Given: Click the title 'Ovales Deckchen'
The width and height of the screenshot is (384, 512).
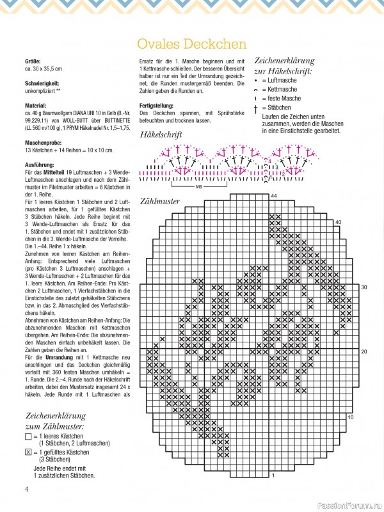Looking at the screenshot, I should tap(192, 44).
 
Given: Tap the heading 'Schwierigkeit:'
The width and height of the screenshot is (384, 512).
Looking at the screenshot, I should tap(42, 83).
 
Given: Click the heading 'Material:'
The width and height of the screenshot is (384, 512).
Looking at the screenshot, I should tap(35, 105).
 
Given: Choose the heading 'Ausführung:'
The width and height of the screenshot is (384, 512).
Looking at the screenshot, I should tap(39, 164).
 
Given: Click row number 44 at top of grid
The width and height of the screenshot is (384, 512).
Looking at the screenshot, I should tap(274, 195).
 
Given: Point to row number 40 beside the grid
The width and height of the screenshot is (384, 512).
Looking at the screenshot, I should tap(338, 222).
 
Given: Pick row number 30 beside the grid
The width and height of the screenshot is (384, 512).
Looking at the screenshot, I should tap(364, 287).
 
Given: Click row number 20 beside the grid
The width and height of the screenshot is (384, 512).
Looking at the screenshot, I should tap(364, 352).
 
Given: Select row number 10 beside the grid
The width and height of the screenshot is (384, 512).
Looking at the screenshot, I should tap(350, 417).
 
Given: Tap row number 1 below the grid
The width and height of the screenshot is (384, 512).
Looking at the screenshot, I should tap(273, 476).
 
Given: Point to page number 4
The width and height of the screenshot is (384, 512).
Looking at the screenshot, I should tap(27, 490).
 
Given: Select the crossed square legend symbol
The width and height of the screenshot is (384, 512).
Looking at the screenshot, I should tap(28, 452).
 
